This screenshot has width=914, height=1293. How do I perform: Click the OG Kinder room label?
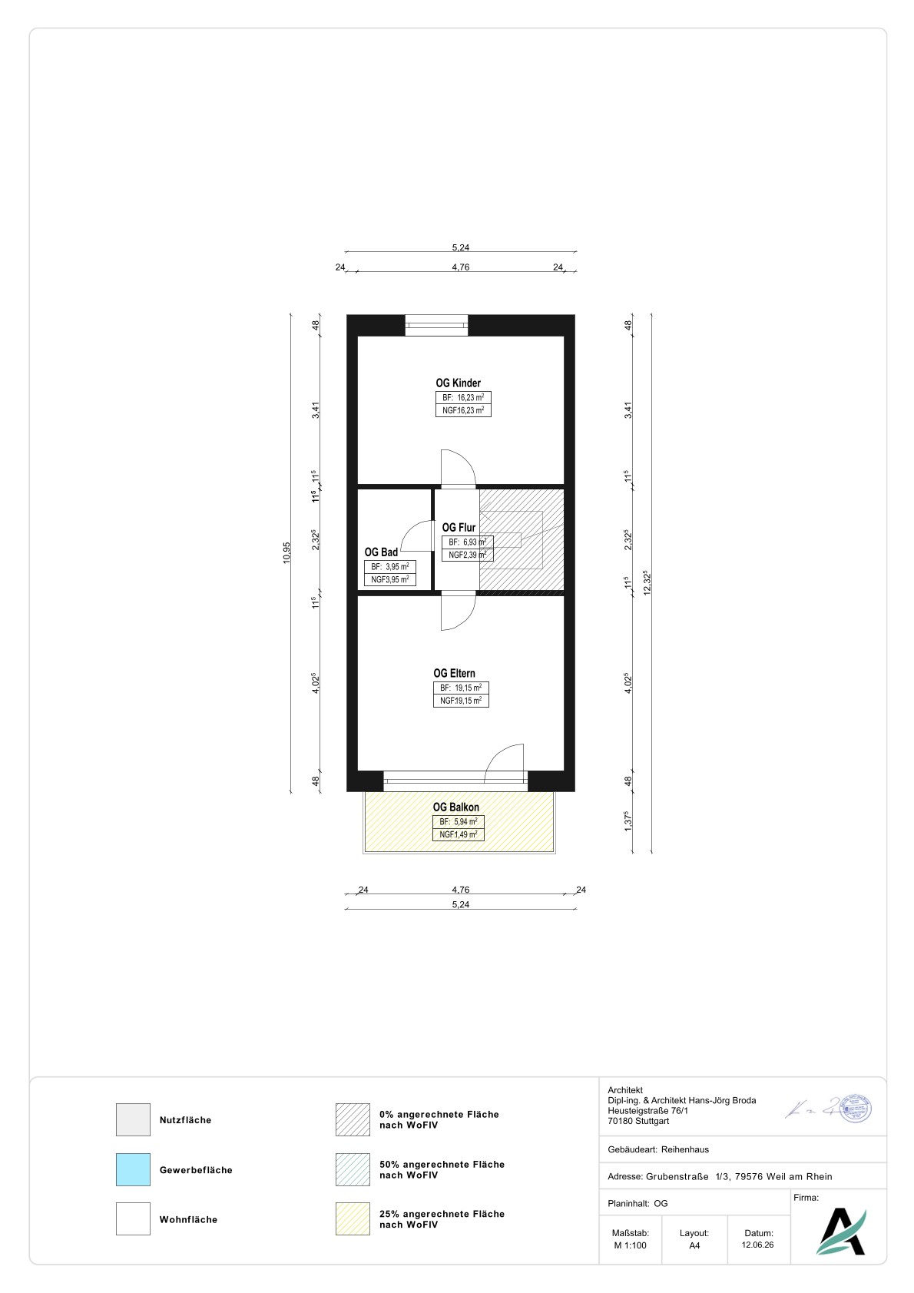coord(459,383)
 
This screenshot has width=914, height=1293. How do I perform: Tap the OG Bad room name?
coord(381,552)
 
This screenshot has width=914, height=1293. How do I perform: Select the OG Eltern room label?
coord(454,673)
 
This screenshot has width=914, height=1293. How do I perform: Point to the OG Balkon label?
coord(455,807)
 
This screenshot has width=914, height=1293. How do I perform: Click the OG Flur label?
coord(459,527)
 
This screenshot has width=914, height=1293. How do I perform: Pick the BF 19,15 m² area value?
coord(461,688)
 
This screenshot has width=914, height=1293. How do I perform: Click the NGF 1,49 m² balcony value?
coord(459,834)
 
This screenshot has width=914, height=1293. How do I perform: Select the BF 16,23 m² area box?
coord(463,398)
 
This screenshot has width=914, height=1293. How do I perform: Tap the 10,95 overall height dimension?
coord(286,552)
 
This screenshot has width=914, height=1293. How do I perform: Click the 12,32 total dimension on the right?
coord(647,582)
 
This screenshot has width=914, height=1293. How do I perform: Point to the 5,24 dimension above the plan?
coord(461,247)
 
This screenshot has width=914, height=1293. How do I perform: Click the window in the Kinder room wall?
coord(436,325)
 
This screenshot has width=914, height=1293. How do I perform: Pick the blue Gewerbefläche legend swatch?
coord(134,1169)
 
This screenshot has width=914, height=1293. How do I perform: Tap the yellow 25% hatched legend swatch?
coord(353,1218)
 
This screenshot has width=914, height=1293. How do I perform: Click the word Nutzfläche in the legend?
coord(185,1120)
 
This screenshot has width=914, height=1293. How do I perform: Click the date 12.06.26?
coord(757,1245)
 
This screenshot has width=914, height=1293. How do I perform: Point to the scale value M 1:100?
coord(630,1245)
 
